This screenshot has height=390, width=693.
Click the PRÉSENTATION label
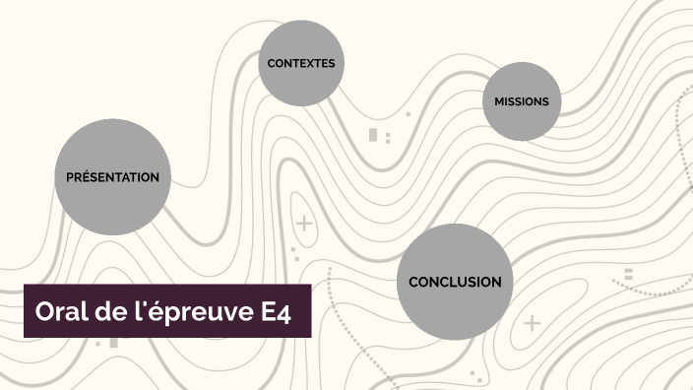[112, 177]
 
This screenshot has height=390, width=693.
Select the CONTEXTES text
[301, 63]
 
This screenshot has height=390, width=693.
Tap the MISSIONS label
[522, 101]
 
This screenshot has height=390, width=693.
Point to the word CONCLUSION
[455, 282]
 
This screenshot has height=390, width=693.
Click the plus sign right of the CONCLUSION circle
[532, 322]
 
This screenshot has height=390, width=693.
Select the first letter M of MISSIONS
[499, 101]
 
